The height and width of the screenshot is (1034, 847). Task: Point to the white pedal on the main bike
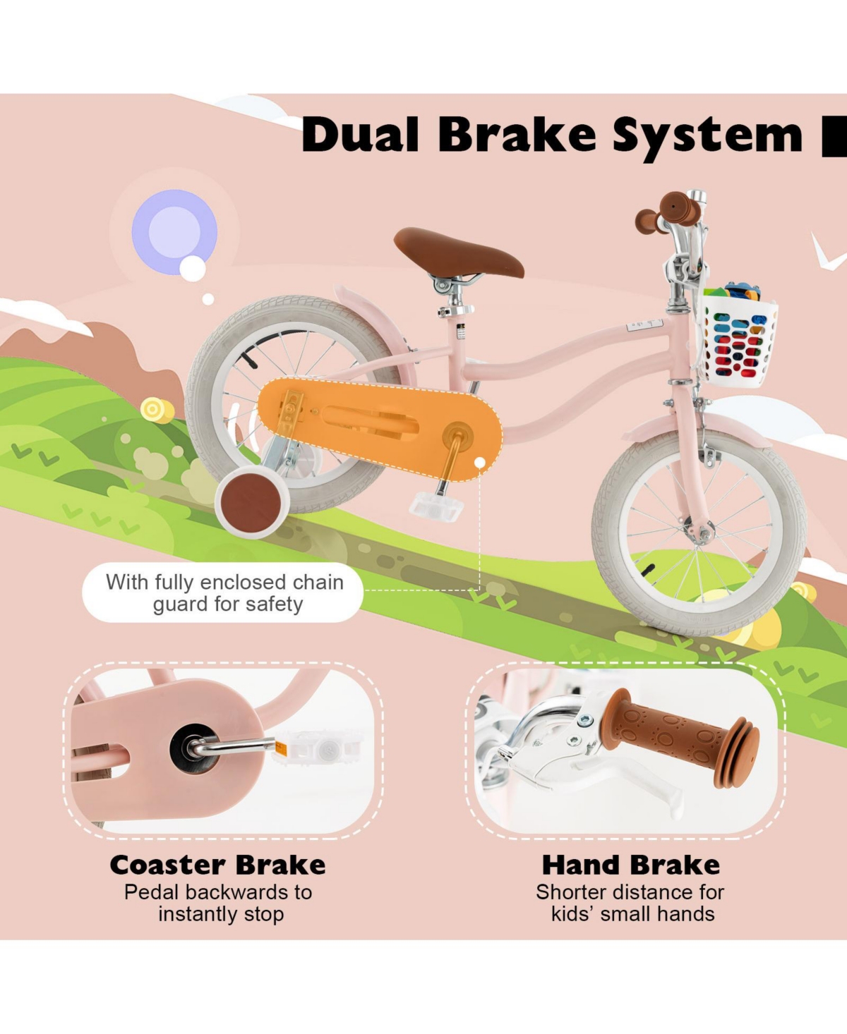tap(435, 506)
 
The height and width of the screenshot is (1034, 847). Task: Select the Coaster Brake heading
tap(217, 865)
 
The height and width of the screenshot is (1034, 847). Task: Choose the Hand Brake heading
tap(631, 865)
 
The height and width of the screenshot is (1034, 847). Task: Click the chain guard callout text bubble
tap(223, 592)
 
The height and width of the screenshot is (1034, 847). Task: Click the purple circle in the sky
tap(174, 231)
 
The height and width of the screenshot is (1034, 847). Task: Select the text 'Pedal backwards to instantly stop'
tap(219, 903)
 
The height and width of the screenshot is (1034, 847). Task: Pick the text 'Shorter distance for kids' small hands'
tap(631, 903)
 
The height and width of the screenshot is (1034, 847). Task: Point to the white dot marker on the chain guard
tap(480, 463)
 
